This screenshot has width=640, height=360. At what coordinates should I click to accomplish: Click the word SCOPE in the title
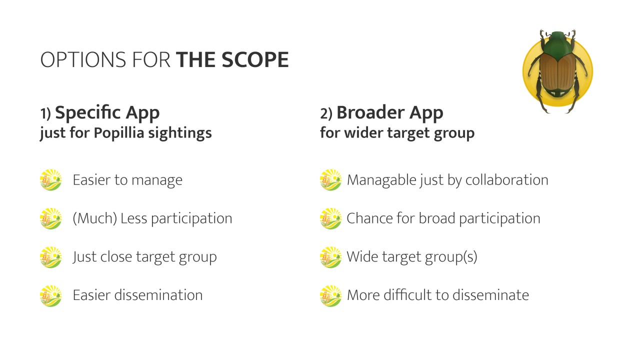click(x=255, y=59)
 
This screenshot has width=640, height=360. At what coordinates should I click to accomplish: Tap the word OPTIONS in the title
click(x=83, y=59)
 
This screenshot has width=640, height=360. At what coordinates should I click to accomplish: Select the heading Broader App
click(x=389, y=113)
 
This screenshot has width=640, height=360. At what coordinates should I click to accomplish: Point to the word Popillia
click(x=119, y=133)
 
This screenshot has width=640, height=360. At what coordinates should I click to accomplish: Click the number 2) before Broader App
click(x=326, y=113)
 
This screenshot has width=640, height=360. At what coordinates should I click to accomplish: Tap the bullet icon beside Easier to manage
click(x=50, y=179)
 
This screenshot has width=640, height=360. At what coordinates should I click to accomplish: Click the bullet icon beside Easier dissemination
click(x=50, y=295)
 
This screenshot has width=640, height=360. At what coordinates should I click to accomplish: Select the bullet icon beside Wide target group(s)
click(x=330, y=257)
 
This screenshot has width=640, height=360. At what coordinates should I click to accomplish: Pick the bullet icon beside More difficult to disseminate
click(x=330, y=295)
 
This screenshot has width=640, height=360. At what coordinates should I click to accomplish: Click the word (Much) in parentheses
click(x=95, y=218)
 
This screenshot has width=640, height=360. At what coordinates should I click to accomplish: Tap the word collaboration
click(x=506, y=180)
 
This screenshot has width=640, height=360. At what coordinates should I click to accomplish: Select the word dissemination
click(x=158, y=295)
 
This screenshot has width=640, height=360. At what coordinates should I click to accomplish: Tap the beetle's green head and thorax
click(x=557, y=45)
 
